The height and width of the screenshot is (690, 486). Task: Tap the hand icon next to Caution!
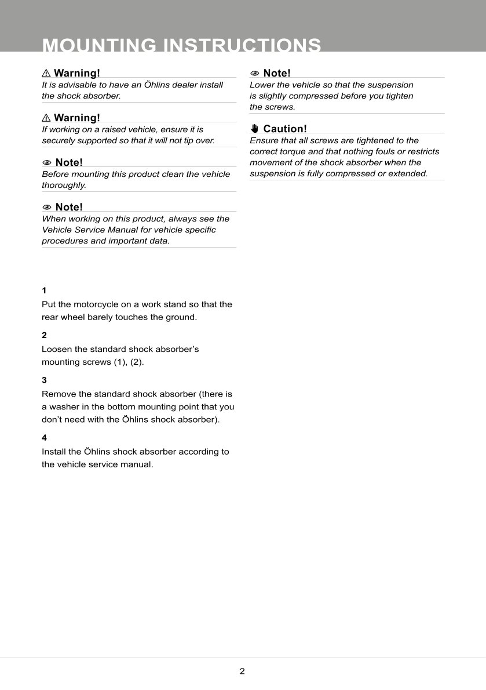coord(255,128)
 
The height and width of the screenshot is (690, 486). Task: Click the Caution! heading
coord(285,129)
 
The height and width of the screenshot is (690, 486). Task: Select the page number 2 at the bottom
coord(242,671)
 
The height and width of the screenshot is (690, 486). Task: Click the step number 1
coord(44,290)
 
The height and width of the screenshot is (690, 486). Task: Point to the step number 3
coord(44,380)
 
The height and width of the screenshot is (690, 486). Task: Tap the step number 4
coord(44,437)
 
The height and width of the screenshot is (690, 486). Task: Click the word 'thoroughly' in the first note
coord(64,186)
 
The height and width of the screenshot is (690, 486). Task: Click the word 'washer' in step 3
coord(65,407)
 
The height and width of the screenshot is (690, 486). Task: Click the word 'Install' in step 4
coord(54,452)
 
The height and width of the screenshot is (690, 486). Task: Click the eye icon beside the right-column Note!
coord(254,73)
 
